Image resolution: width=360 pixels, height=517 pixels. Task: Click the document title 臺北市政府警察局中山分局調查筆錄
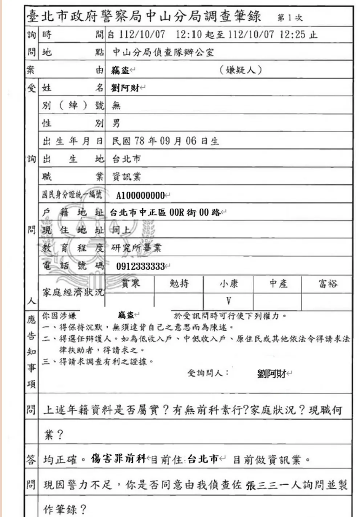[144, 16]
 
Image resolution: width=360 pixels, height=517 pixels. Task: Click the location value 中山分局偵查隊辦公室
[163, 52]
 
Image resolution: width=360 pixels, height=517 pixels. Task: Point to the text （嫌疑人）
[240, 70]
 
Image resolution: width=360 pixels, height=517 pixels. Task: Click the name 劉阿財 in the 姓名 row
[126, 88]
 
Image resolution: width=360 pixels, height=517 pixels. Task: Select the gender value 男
[116, 123]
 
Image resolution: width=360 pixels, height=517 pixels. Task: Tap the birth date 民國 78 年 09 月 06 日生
[165, 141]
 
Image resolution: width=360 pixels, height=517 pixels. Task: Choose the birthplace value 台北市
[126, 159]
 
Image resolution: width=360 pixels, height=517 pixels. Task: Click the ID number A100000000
[140, 196]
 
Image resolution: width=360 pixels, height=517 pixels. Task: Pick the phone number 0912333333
[140, 266]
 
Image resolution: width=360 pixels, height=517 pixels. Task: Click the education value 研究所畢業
[136, 248]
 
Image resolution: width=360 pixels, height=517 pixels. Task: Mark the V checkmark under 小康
[228, 301]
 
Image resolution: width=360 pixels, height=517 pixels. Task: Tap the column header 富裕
[327, 284]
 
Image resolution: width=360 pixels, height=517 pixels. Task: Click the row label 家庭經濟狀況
[73, 292]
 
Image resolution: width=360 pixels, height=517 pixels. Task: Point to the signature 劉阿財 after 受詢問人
[272, 373]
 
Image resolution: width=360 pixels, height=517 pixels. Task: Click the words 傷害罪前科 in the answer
[118, 459]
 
